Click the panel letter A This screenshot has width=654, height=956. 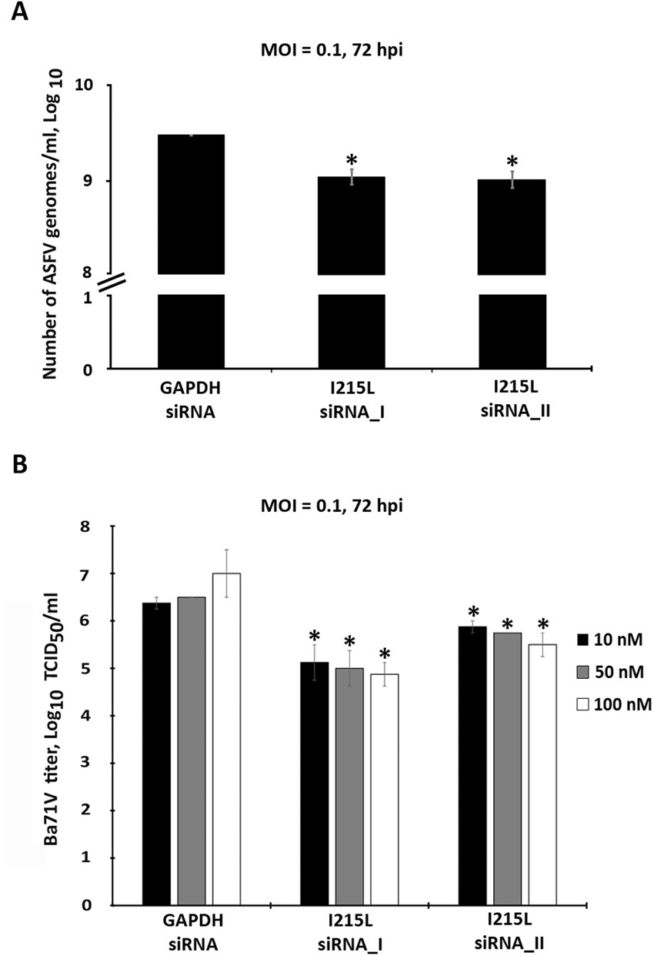pyautogui.click(x=17, y=13)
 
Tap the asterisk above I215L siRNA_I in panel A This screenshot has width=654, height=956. pyautogui.click(x=352, y=161)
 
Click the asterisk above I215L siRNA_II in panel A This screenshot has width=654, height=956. pyautogui.click(x=512, y=163)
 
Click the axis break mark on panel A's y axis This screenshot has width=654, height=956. pyautogui.click(x=112, y=283)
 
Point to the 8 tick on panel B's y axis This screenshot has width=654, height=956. pyautogui.click(x=96, y=527)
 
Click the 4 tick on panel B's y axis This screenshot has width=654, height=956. pyautogui.click(x=96, y=716)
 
